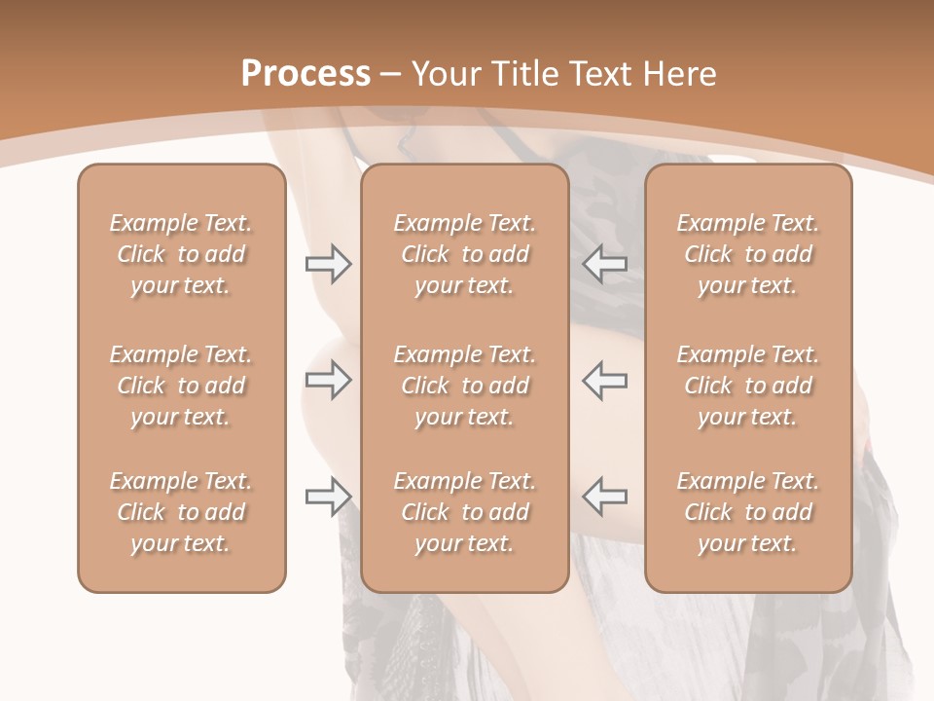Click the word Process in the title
pyautogui.click(x=305, y=74)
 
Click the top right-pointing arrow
pyautogui.click(x=328, y=264)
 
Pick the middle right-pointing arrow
pyautogui.click(x=328, y=381)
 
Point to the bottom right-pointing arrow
pyautogui.click(x=328, y=497)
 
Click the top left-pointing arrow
pyautogui.click(x=605, y=263)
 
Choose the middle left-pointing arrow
pyautogui.click(x=605, y=381)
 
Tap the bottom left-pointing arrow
pyautogui.click(x=605, y=497)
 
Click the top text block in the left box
pyautogui.click(x=181, y=254)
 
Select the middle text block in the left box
pyautogui.click(x=181, y=386)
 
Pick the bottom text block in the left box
pyautogui.click(x=181, y=512)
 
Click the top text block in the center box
pyautogui.click(x=464, y=254)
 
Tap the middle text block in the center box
pyautogui.click(x=464, y=386)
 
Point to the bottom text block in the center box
pyautogui.click(x=464, y=512)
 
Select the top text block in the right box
pyautogui.click(x=747, y=254)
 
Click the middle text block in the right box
pyautogui.click(x=747, y=386)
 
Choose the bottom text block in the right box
pyautogui.click(x=747, y=512)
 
